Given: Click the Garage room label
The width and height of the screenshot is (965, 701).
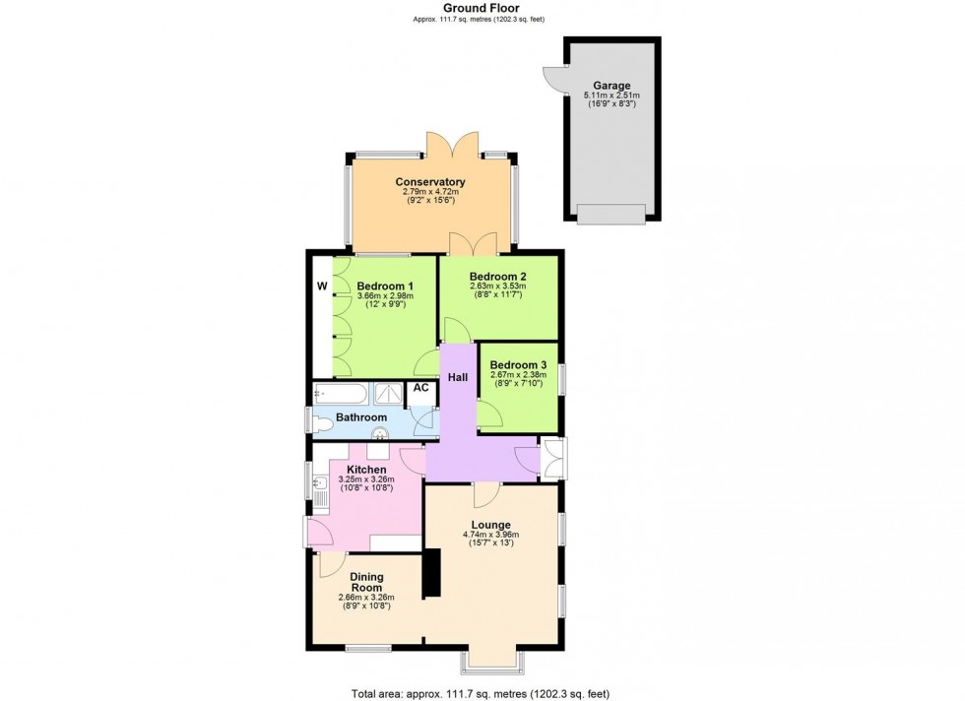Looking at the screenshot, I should (611, 86).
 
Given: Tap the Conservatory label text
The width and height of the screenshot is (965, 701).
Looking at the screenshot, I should (430, 182).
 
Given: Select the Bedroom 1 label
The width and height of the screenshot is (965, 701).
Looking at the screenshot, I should (381, 286).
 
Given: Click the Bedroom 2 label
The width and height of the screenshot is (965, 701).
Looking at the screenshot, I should (497, 277).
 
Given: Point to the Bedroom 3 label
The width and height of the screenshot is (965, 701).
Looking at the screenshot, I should (518, 364).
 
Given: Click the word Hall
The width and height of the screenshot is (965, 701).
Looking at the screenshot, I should (458, 377).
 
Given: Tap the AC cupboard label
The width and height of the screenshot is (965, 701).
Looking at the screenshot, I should (420, 388).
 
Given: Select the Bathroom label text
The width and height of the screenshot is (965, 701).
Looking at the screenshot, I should (361, 417).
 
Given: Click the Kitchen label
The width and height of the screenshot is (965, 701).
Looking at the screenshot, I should (365, 470).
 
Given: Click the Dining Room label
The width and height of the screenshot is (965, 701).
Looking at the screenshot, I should (365, 582).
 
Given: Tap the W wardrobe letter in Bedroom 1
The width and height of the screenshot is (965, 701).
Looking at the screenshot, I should (321, 287).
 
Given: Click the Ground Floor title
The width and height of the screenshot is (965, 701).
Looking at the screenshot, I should (482, 7).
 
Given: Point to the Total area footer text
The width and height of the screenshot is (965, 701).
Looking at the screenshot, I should (482, 691).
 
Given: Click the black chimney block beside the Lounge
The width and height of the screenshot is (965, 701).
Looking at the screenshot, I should (430, 575).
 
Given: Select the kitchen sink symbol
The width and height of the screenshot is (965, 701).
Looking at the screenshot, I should (319, 485).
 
